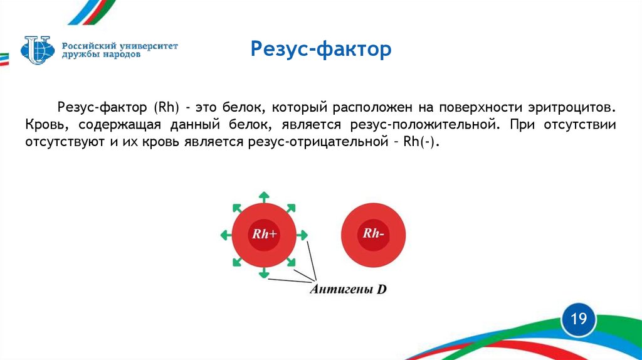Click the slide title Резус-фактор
click(320, 49)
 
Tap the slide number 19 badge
click(579, 319)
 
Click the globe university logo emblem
click(38, 50)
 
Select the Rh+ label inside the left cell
click(265, 234)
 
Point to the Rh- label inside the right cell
click(374, 233)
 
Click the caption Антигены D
click(349, 289)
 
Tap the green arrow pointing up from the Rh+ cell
click(264, 197)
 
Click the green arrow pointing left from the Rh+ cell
click(226, 235)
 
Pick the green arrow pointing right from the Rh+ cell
click(302, 235)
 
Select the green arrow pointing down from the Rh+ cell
click(264, 273)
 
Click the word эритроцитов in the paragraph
click(572, 107)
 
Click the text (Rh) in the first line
click(167, 107)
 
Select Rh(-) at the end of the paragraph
click(421, 142)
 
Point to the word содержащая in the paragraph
click(120, 125)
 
